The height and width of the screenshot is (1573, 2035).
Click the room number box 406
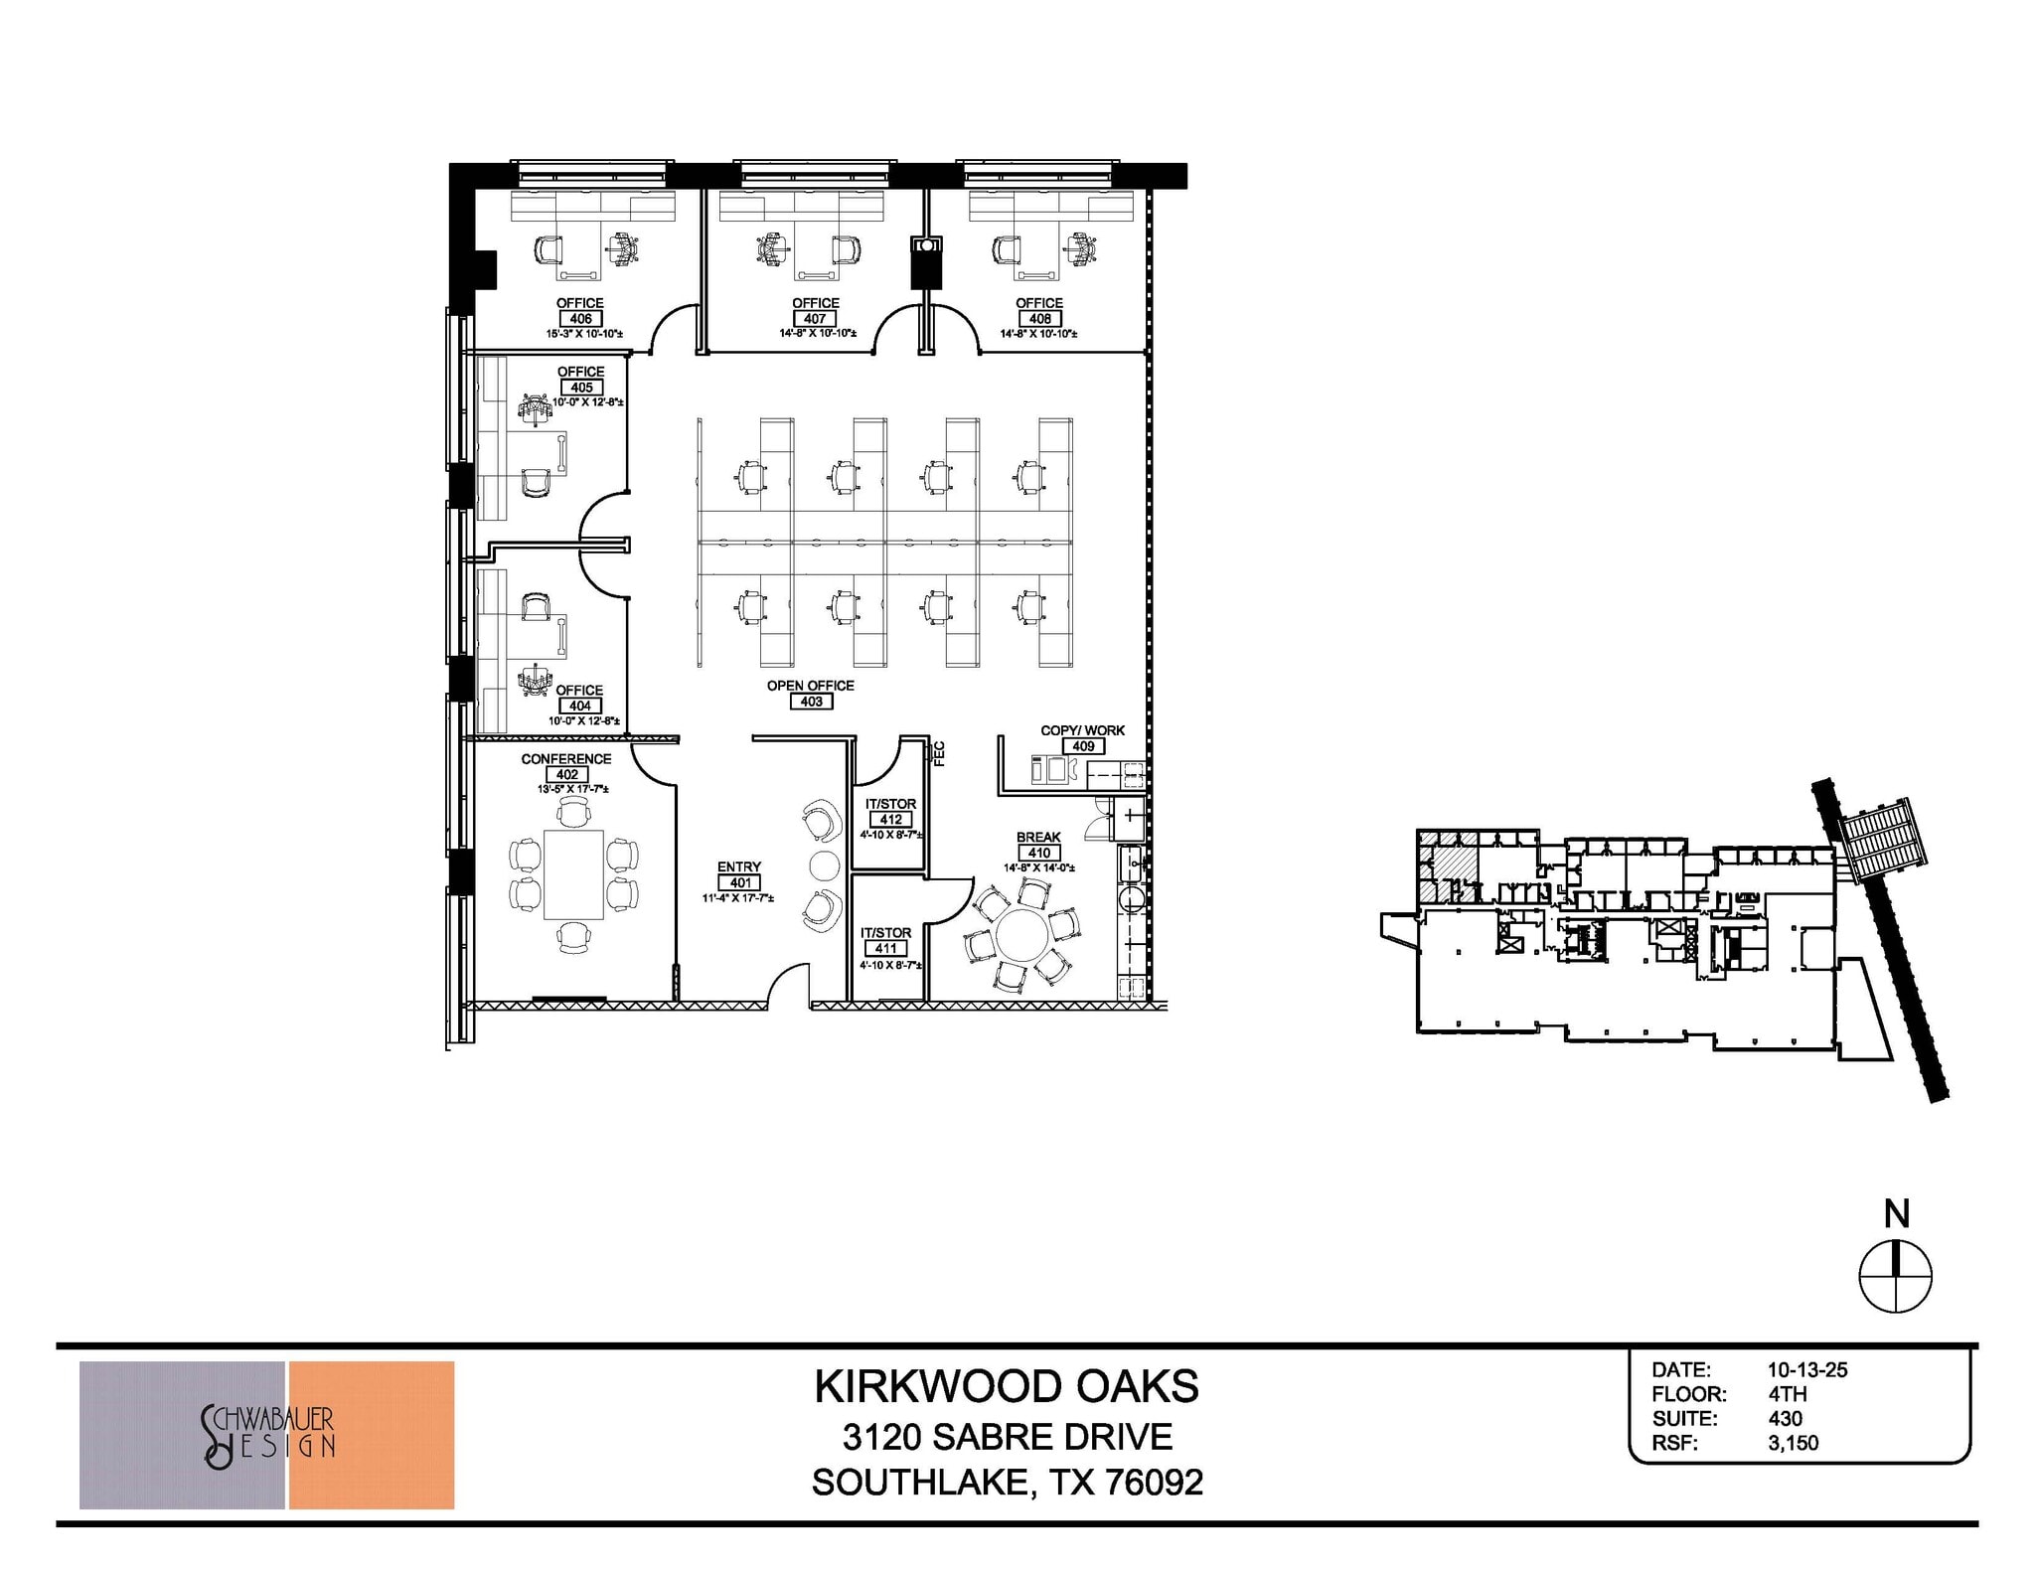tap(581, 319)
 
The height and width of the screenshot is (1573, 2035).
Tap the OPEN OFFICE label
tap(810, 686)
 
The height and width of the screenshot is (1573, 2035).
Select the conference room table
tap(573, 874)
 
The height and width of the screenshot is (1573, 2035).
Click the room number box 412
tap(891, 820)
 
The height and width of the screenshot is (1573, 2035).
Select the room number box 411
tap(885, 949)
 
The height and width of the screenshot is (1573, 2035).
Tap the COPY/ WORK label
tap(1082, 730)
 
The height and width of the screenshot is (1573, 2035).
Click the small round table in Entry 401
tap(824, 865)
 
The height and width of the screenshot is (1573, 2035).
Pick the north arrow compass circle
tap(1895, 1276)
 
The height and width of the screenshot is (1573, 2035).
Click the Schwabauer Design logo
tap(267, 1435)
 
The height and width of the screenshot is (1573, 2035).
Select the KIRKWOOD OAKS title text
tap(1007, 1387)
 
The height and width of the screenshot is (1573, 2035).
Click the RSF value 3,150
tap(1793, 1443)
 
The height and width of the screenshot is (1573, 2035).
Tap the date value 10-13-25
tap(1806, 1369)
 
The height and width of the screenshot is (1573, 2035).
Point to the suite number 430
tap(1785, 1419)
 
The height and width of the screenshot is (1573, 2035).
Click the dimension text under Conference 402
tap(572, 789)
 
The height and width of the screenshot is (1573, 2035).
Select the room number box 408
tap(1040, 319)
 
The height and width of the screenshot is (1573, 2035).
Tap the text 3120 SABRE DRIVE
tap(1007, 1437)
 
